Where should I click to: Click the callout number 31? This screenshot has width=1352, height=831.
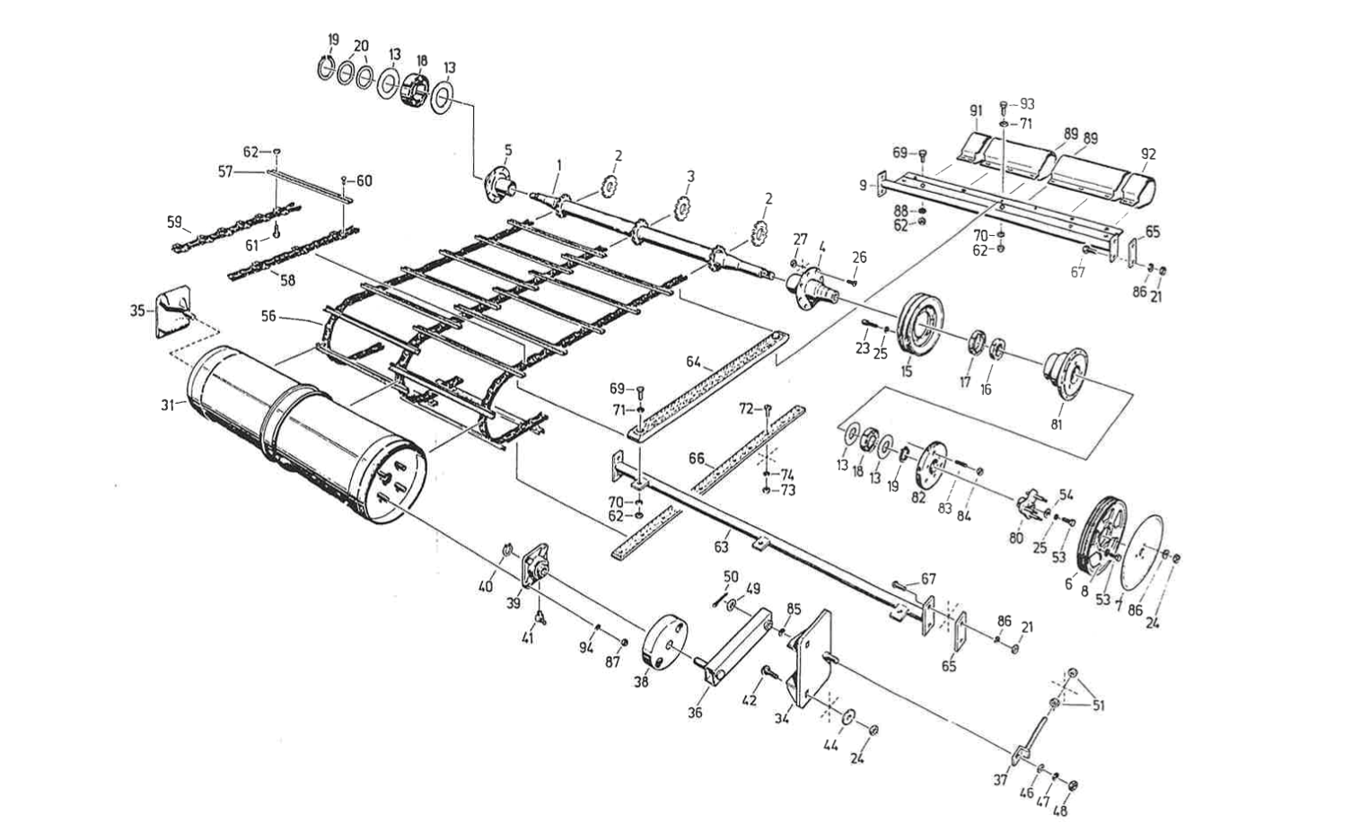point(167,406)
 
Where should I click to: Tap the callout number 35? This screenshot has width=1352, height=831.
point(136,311)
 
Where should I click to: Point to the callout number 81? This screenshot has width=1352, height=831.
point(1056,424)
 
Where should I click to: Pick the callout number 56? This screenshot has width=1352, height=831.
point(268,316)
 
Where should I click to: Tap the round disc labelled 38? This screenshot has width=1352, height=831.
point(667,642)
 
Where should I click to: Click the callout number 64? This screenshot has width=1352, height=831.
point(693,362)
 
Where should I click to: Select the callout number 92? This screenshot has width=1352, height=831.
point(1148,153)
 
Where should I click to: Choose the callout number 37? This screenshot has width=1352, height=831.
point(1001,780)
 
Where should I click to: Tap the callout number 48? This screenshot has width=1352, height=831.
point(1060,811)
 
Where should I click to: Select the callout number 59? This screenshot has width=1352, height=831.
point(174,221)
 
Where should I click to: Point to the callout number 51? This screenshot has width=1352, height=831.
point(1099,705)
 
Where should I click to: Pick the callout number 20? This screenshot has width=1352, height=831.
point(361,46)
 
